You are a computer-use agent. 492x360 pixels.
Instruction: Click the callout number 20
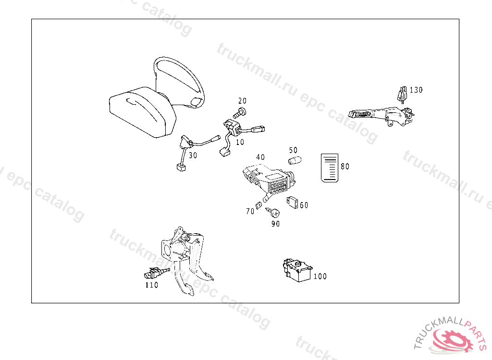click(x=242, y=101)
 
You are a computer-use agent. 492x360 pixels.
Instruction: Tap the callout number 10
click(x=239, y=142)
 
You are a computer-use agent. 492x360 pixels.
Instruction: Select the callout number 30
click(x=193, y=155)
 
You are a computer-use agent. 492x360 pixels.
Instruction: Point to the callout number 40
click(x=260, y=157)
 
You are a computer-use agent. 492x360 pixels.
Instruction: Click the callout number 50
click(x=293, y=150)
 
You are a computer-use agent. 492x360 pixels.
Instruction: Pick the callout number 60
click(x=304, y=205)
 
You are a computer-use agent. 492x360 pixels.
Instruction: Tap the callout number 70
click(x=250, y=211)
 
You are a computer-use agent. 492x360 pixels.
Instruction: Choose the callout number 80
click(x=345, y=167)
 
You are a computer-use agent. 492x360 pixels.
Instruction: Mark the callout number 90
click(x=275, y=223)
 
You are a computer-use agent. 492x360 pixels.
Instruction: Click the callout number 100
click(x=320, y=276)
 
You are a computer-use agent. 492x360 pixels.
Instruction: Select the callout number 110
click(x=152, y=285)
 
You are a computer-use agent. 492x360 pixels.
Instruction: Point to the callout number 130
click(x=416, y=90)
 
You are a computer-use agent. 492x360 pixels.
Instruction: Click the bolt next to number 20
click(x=239, y=114)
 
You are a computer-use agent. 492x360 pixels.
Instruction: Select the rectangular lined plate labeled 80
click(x=330, y=168)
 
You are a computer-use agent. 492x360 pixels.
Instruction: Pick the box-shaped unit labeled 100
click(x=297, y=271)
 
